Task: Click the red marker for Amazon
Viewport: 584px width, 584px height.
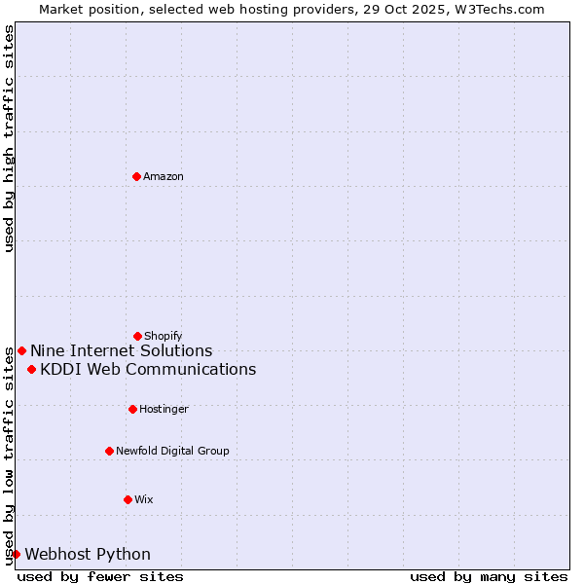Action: point(136,176)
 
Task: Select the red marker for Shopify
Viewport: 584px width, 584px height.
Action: point(137,336)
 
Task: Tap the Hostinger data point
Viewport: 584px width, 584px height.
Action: point(132,409)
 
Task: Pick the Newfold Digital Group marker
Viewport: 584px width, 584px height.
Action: point(109,451)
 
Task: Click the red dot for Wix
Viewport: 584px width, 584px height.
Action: point(128,499)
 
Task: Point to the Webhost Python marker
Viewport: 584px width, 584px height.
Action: point(16,554)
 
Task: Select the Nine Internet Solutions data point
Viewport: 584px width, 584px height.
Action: point(21,350)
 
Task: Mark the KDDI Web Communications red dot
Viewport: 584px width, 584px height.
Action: point(31,369)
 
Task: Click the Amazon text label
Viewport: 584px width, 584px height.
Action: point(164,176)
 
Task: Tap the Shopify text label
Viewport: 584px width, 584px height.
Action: point(164,336)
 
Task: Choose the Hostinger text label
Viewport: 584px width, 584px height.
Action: point(164,409)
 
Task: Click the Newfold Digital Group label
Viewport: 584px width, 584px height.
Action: point(172,451)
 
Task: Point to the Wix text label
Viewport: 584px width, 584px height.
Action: point(144,499)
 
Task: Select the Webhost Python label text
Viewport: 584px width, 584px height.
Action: point(88,554)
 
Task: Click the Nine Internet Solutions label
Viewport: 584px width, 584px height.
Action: point(121,350)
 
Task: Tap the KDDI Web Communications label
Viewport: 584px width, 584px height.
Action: point(148,369)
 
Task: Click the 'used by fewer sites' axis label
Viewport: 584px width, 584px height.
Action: point(100,576)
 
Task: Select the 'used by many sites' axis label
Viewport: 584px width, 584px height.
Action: point(489,576)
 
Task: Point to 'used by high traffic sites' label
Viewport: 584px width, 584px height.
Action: point(9,138)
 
